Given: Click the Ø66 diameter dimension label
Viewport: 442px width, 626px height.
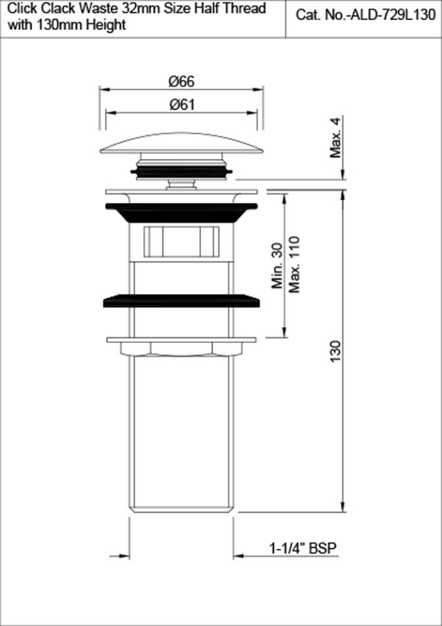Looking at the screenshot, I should pos(181,82).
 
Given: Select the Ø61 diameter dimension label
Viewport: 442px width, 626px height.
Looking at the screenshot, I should pos(181,104).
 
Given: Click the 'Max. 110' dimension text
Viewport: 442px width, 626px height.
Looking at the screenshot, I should pos(295,264).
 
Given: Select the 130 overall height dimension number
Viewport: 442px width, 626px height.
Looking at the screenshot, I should pos(336,353).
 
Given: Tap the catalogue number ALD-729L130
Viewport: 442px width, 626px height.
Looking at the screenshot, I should pos(393,16).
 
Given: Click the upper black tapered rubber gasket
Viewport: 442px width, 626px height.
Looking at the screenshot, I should pos(181,213).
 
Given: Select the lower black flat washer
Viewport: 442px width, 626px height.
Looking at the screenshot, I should pos(181,301).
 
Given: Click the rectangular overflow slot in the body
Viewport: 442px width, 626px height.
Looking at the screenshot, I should pos(181,242).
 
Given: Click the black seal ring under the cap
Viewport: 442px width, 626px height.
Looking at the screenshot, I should pos(181,171).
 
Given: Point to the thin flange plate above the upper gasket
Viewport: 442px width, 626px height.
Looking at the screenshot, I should pos(181,192).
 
